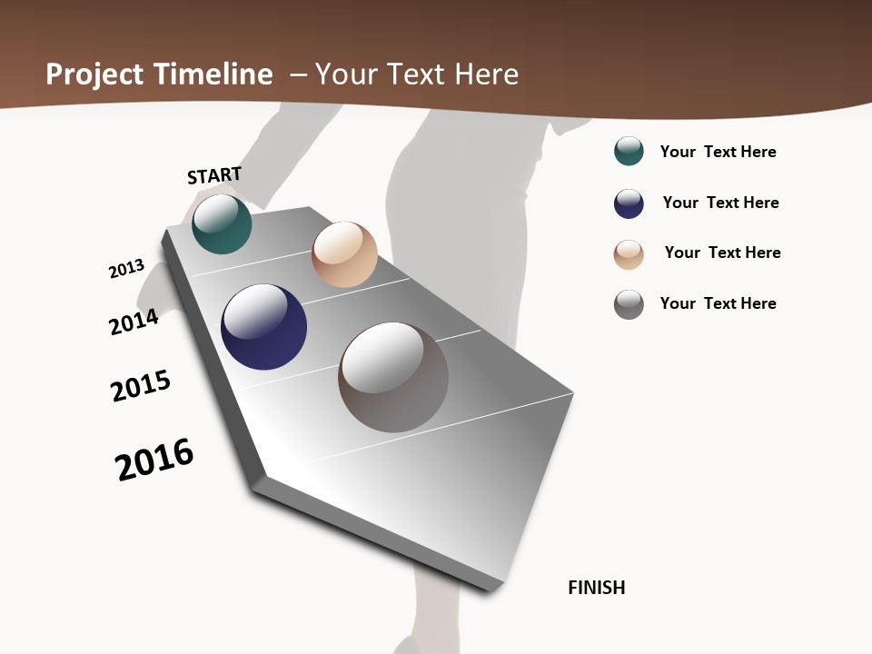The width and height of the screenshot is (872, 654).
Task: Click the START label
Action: point(214,175)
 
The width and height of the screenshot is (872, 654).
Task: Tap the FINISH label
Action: point(597,588)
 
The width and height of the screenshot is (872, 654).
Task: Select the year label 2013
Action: point(126,269)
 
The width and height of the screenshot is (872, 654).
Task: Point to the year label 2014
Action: point(134,322)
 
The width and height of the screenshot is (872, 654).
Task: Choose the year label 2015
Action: point(141,386)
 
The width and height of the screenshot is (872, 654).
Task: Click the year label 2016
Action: point(154,460)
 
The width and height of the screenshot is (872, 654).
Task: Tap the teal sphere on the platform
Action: point(222,224)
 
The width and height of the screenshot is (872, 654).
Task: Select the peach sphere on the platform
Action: point(344,254)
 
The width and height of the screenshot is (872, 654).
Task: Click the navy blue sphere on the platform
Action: point(263,327)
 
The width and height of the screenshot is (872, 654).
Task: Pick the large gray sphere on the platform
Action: point(393,377)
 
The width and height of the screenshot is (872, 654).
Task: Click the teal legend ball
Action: point(629,151)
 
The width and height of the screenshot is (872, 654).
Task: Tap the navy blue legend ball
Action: point(629,203)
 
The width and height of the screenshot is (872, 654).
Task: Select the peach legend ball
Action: point(629,254)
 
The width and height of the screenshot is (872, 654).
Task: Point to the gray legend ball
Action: point(629,304)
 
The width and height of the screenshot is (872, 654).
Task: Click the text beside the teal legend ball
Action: point(718,152)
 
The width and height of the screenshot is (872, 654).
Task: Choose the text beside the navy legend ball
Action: point(721,203)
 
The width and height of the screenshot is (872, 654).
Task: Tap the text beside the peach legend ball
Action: point(723,253)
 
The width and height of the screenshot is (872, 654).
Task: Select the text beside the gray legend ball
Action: point(718,303)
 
